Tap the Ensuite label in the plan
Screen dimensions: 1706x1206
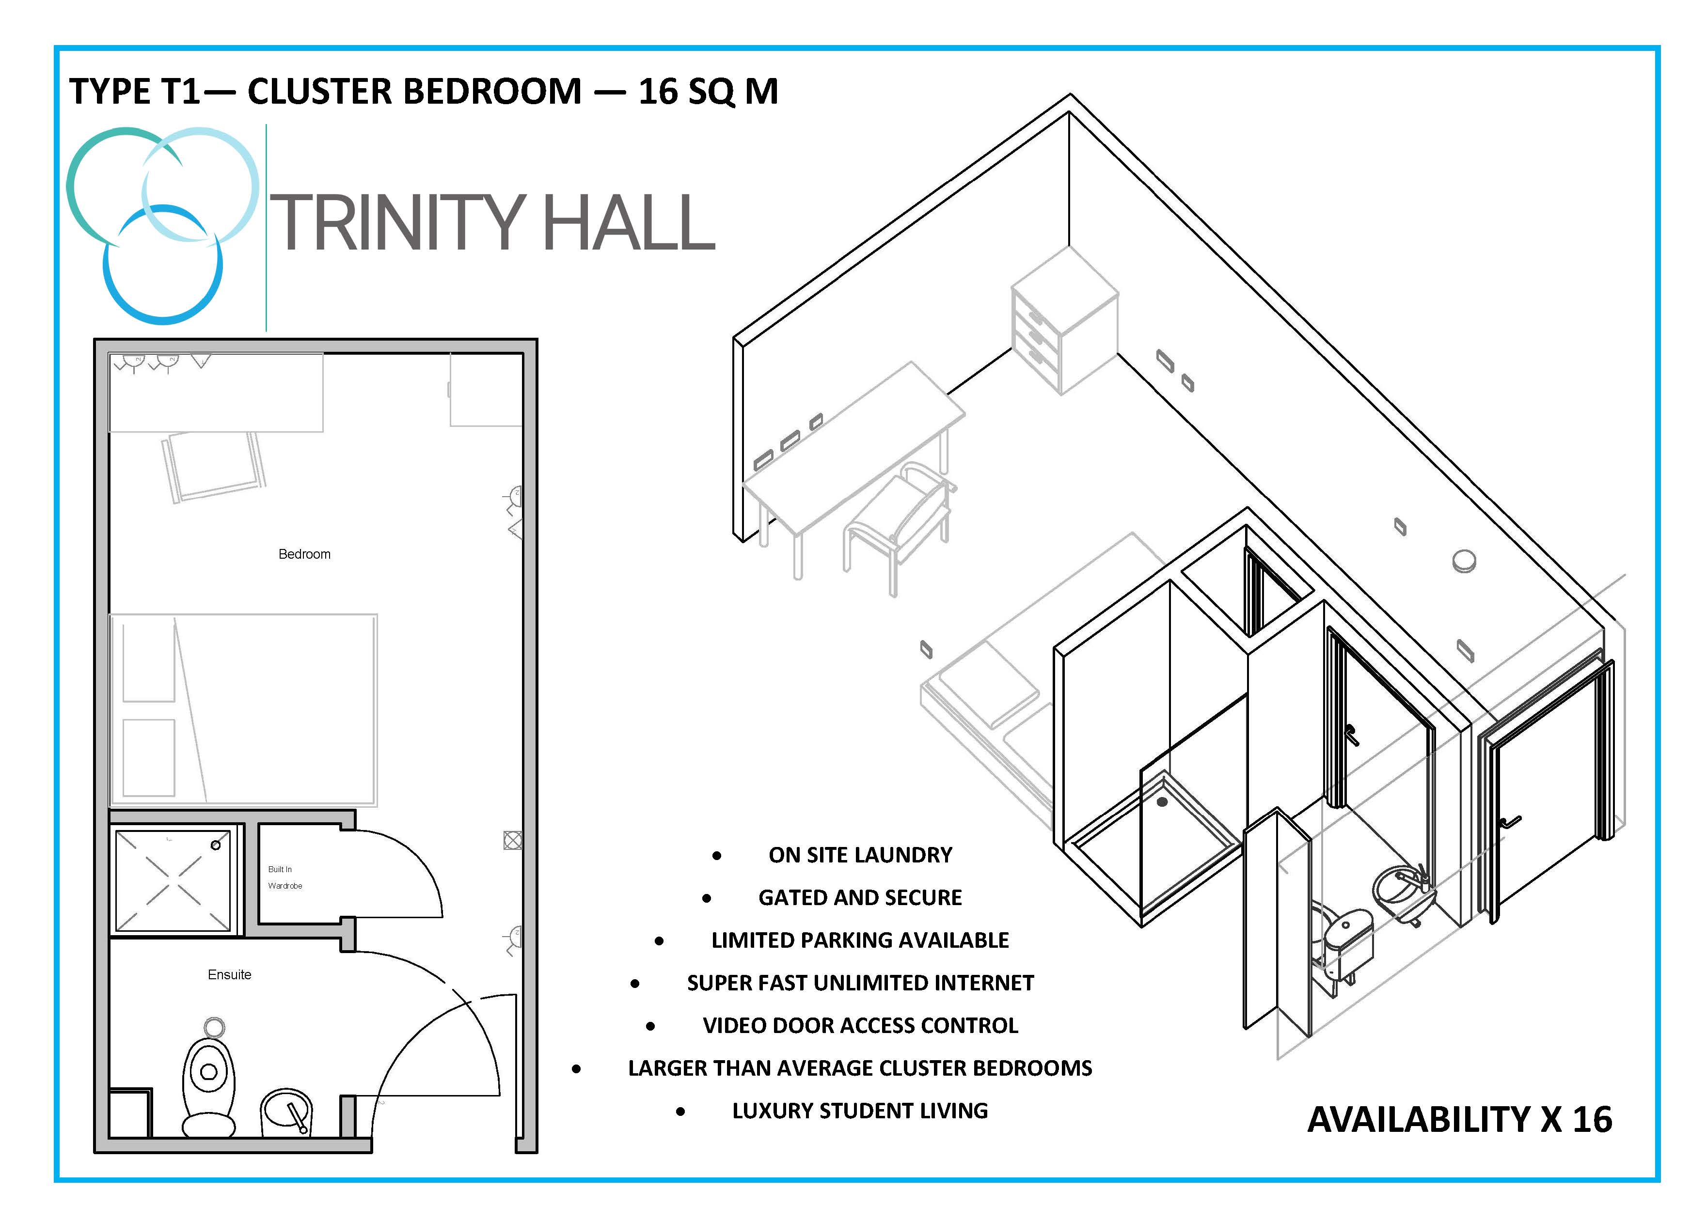[x=230, y=974]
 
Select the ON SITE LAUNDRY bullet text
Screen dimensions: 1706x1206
[x=860, y=855]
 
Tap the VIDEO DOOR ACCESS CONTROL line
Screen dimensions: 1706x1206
[x=860, y=1026]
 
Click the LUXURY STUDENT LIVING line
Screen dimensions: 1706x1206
[x=860, y=1111]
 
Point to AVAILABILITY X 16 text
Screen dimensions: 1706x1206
[x=1459, y=1119]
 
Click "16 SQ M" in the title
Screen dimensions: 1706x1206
[x=708, y=92]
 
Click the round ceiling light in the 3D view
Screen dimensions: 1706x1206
[x=1464, y=562]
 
